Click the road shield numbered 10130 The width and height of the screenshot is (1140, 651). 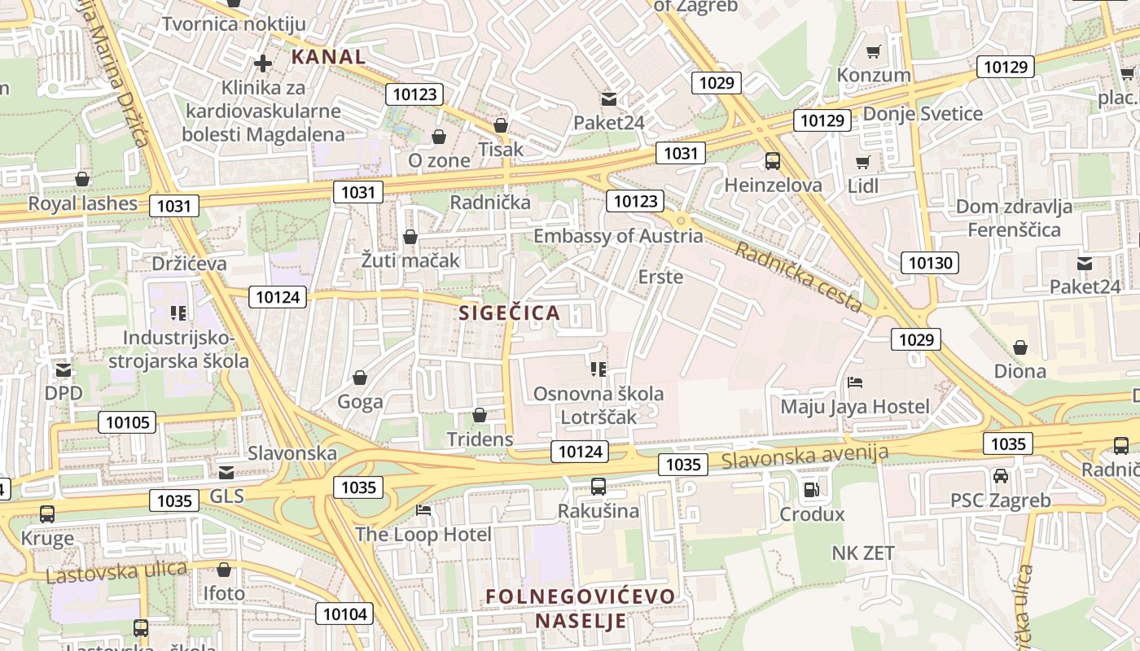[930, 262]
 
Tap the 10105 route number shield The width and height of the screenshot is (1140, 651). [127, 422]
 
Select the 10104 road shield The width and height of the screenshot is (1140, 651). [345, 614]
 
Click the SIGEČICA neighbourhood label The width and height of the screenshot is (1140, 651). [510, 312]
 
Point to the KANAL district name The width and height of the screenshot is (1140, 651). [329, 57]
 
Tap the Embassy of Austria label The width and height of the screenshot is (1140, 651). [618, 236]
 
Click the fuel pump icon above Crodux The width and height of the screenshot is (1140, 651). [811, 489]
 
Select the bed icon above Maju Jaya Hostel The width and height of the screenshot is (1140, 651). [854, 382]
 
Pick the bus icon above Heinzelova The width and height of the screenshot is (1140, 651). [773, 161]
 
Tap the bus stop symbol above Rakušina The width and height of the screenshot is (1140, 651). [598, 487]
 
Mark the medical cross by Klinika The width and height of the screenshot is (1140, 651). [263, 63]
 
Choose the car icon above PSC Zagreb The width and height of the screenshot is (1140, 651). [1001, 476]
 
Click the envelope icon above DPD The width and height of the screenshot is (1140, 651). [64, 370]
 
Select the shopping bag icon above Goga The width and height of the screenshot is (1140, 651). [360, 378]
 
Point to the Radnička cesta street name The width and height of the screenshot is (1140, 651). [798, 277]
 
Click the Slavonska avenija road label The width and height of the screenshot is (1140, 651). [805, 457]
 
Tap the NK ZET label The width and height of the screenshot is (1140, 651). [863, 553]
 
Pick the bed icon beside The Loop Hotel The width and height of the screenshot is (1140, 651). [423, 510]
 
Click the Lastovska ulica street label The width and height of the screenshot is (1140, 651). [116, 571]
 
